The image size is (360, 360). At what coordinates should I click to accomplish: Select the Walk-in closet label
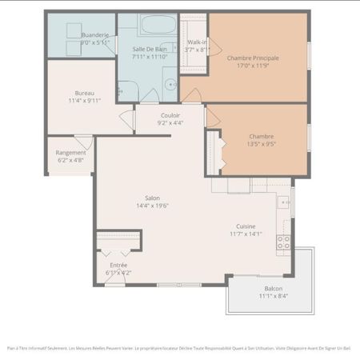click(197, 42)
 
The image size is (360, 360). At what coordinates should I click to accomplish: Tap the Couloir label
click(170, 115)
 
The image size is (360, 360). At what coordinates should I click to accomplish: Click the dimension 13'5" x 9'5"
click(261, 145)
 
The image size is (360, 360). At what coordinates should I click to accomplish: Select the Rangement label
click(70, 153)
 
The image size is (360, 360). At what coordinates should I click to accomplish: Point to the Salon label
click(151, 198)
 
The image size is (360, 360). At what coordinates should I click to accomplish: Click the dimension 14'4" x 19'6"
click(151, 206)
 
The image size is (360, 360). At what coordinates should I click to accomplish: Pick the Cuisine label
click(246, 226)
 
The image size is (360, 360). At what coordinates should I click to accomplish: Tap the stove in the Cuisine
click(283, 242)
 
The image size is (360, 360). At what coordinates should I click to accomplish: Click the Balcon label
click(273, 289)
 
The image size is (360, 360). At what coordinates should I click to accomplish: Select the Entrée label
click(118, 265)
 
